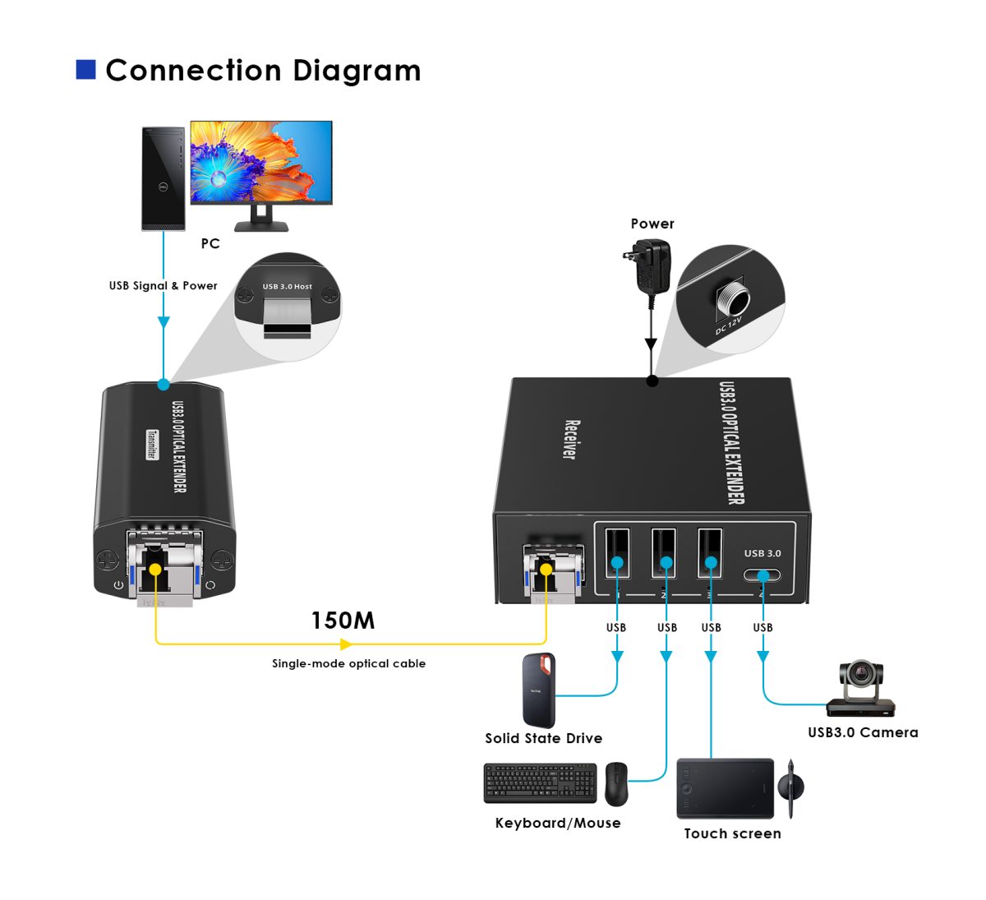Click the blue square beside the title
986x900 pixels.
(85, 70)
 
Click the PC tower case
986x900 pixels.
(164, 178)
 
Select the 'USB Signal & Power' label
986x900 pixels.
(164, 286)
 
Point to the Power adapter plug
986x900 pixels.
(650, 266)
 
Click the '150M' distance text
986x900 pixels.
(343, 621)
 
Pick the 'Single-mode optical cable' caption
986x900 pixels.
(348, 663)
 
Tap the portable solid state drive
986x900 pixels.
(539, 690)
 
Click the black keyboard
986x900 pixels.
(540, 783)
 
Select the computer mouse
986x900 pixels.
(616, 783)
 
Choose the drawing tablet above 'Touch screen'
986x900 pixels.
(726, 788)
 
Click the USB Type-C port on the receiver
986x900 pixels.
(763, 574)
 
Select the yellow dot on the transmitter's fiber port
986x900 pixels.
(155, 568)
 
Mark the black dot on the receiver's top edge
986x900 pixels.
(652, 381)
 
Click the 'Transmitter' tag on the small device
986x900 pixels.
(152, 445)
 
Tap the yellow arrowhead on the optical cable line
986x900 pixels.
(347, 644)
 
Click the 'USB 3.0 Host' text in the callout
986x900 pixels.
(287, 287)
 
